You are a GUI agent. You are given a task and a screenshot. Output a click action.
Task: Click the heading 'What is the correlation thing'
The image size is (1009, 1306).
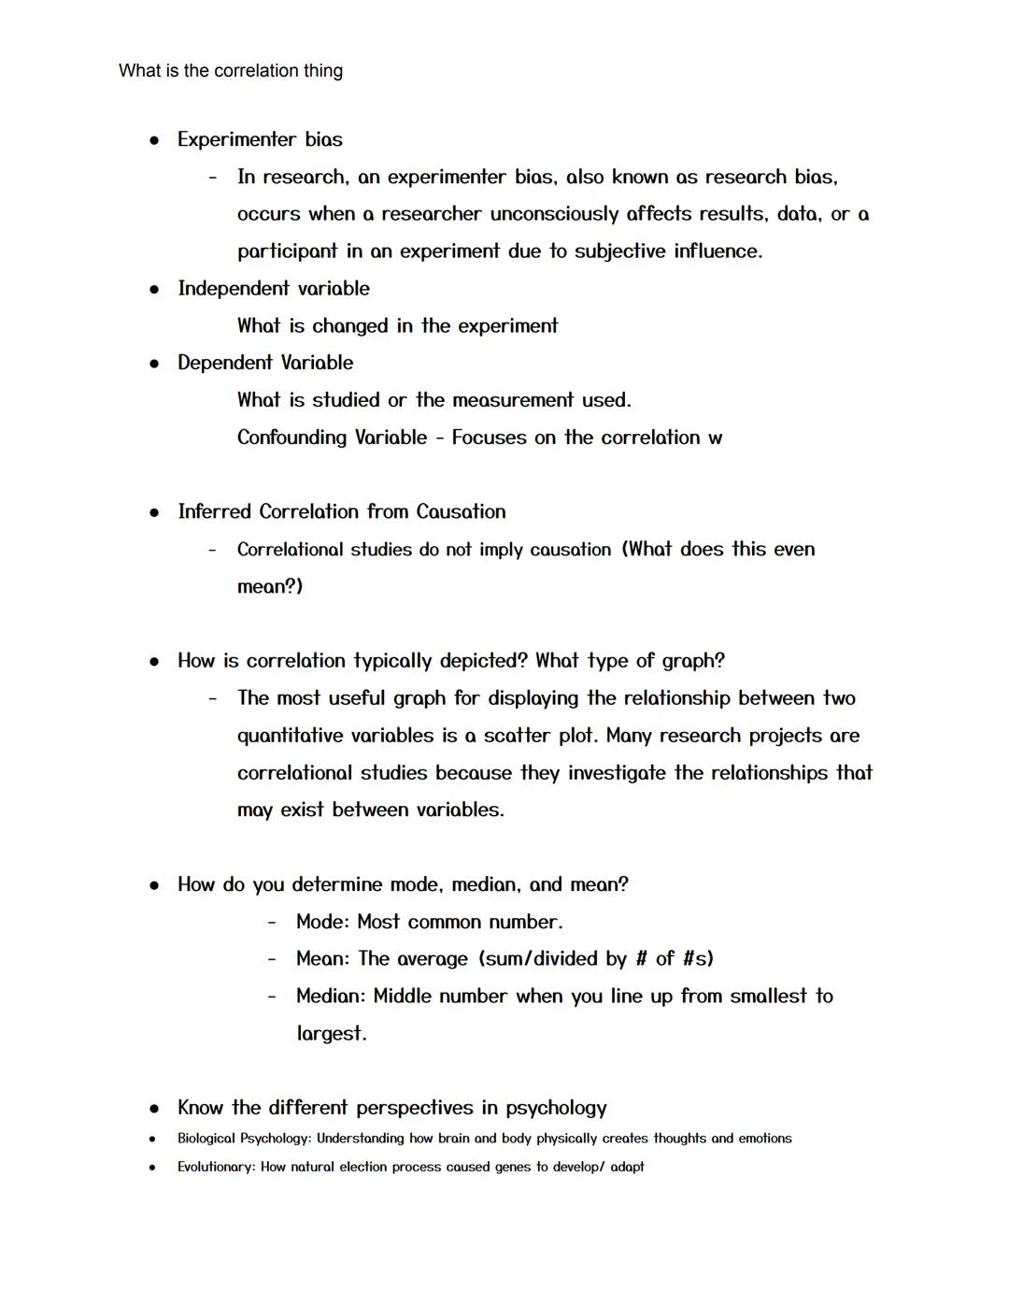(x=231, y=71)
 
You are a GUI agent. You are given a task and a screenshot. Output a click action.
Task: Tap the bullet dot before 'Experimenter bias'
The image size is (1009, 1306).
(x=154, y=140)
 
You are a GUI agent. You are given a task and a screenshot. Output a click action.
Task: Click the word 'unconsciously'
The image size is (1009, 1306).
(x=554, y=214)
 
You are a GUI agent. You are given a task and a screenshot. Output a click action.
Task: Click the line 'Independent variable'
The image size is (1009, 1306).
(x=274, y=289)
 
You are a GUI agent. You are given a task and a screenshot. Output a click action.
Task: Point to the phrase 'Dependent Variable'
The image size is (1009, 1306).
(x=265, y=363)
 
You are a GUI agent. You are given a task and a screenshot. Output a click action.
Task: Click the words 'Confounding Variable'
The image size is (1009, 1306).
(x=332, y=438)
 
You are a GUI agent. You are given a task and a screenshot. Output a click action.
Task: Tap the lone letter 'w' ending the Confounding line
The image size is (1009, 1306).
(x=715, y=438)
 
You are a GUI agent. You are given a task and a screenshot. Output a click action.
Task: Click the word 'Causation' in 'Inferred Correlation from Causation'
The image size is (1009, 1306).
(x=461, y=511)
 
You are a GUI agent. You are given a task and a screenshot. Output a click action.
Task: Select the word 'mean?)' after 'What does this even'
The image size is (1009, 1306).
(x=270, y=587)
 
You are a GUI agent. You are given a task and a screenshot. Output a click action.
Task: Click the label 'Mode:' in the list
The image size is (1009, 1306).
(x=322, y=922)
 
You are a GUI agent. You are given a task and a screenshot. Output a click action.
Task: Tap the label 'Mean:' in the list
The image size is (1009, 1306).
(x=322, y=959)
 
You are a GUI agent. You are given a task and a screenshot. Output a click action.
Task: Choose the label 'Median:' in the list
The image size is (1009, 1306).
(x=331, y=997)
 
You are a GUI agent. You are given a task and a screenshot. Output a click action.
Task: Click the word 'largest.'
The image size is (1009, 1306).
(x=332, y=1034)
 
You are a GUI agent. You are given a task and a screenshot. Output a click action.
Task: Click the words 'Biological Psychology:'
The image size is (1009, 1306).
(x=244, y=1139)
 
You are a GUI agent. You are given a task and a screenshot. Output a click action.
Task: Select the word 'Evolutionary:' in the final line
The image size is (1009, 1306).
(x=216, y=1167)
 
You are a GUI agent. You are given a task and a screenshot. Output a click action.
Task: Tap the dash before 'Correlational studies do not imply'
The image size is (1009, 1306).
(x=213, y=550)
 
